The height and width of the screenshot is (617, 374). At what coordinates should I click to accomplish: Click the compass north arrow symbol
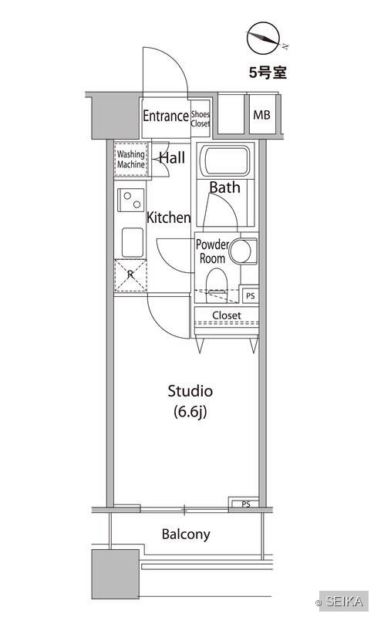pyautogui.click(x=263, y=38)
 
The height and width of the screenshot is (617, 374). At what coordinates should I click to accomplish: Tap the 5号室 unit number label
pyautogui.click(x=268, y=72)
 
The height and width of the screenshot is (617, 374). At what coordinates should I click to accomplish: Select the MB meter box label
pyautogui.click(x=261, y=115)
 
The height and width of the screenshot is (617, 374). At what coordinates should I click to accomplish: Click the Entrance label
pyautogui.click(x=166, y=116)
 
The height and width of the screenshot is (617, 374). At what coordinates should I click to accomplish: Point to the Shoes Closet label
pyautogui.click(x=200, y=119)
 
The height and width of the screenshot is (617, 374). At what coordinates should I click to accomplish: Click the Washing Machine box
pyautogui.click(x=131, y=160)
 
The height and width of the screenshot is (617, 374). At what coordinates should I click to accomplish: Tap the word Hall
pyautogui.click(x=172, y=158)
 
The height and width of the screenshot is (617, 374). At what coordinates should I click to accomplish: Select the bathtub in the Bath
pyautogui.click(x=225, y=161)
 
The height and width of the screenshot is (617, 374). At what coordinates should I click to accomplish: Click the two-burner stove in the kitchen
pyautogui.click(x=131, y=200)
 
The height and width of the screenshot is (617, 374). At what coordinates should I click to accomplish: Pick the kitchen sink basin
pyautogui.click(x=133, y=242)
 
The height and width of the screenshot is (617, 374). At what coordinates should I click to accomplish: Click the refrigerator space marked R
pyautogui.click(x=130, y=275)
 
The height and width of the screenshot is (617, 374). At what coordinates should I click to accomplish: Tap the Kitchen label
pyautogui.click(x=168, y=217)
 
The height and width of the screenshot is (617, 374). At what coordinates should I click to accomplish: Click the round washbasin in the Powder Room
pyautogui.click(x=240, y=251)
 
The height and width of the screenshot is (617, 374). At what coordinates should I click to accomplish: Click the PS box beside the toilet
pyautogui.click(x=251, y=295)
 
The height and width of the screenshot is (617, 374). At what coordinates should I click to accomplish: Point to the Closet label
pyautogui.click(x=227, y=315)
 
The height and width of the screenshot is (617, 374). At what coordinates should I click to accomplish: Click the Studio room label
pyautogui.click(x=190, y=391)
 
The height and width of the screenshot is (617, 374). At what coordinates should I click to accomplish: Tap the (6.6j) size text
pyautogui.click(x=190, y=412)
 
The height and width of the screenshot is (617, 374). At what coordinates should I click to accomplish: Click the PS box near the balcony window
pyautogui.click(x=245, y=504)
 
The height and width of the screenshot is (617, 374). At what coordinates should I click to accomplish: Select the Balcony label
pyautogui.click(x=186, y=534)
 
